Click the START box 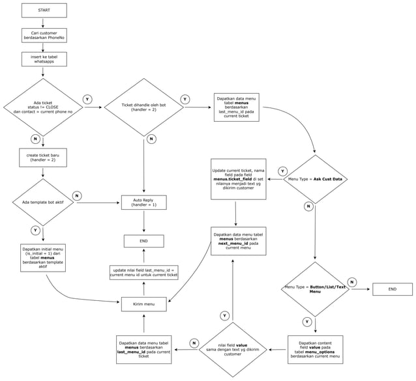(x=44, y=10)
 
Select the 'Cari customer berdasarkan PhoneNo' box (x=44, y=35)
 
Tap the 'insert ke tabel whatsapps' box (x=44, y=59)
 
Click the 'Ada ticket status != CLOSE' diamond (x=44, y=107)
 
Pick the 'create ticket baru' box (x=43, y=157)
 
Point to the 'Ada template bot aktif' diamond (x=43, y=202)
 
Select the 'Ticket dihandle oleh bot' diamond (x=144, y=107)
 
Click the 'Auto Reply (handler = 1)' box (x=144, y=202)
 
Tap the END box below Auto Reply (x=144, y=241)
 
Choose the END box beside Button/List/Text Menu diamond (x=392, y=289)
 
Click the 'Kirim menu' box (x=144, y=304)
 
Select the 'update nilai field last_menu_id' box (x=144, y=272)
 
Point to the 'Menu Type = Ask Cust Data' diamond (x=316, y=178)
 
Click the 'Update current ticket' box (x=238, y=178)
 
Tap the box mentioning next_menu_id (x=238, y=241)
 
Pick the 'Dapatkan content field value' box (x=315, y=349)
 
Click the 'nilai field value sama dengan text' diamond (x=233, y=349)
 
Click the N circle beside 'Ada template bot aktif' (x=76, y=195)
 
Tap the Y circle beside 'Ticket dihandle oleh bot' (x=185, y=100)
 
